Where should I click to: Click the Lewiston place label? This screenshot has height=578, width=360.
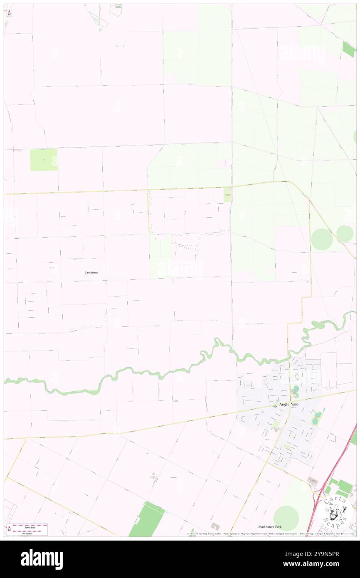(91, 272)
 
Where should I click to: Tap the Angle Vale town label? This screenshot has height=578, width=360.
(289, 404)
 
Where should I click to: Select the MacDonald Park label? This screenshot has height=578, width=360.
(269, 526)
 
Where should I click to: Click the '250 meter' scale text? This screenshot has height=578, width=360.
(30, 534)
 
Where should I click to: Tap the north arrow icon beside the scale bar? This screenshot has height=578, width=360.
(9, 529)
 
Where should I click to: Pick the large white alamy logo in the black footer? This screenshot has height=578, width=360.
(42, 559)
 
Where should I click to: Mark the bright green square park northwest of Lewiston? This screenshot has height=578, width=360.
(44, 160)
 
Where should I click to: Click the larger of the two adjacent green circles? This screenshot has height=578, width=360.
(321, 240)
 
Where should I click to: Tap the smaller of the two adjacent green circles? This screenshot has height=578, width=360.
(345, 233)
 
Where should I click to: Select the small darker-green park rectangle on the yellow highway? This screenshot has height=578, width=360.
(227, 195)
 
